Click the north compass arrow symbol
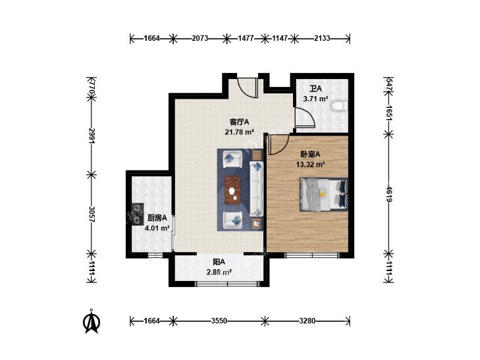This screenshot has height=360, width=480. click(92, 322)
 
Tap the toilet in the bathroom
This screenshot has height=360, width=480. click(340, 106)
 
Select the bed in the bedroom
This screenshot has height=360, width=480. click(324, 194)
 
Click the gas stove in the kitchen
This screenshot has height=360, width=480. click(137, 215)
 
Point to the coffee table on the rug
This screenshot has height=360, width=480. click(233, 190)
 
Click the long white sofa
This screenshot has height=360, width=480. click(256, 188)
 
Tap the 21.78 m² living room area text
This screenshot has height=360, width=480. click(240, 132)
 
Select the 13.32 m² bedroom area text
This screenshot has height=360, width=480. click(310, 165)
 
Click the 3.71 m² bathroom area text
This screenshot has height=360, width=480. click(315, 99)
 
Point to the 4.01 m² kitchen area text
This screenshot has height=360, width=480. click(157, 228)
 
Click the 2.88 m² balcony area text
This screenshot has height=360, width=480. click(219, 272)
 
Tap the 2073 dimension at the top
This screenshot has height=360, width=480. click(200, 38)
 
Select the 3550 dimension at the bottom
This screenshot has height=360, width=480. click(219, 321)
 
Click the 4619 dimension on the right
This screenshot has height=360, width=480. click(389, 194)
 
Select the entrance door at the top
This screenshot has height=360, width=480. click(248, 88)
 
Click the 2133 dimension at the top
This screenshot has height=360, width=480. click(322, 38)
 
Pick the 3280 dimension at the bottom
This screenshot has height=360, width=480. click(307, 321)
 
